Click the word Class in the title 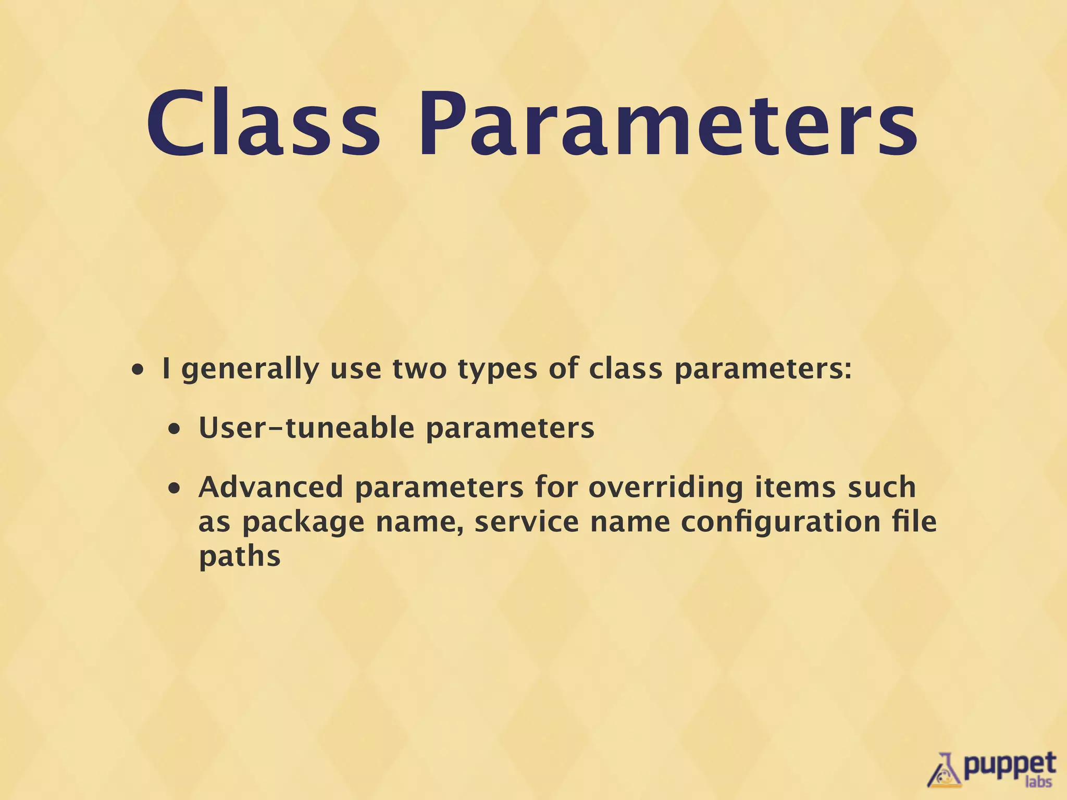tap(263, 124)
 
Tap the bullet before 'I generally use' tap(138, 371)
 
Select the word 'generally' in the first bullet tap(250, 370)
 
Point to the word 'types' tap(497, 370)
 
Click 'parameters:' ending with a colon tap(763, 370)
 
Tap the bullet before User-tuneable tap(175, 430)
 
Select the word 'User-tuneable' tap(307, 428)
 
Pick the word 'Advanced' tap(271, 488)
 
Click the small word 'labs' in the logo tap(1038, 782)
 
